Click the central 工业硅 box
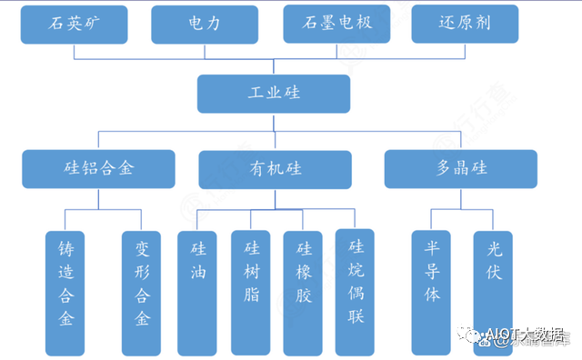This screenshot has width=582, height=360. tap(274, 94)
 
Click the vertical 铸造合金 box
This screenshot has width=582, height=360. tap(66, 292)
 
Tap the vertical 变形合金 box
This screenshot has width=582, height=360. tap(141, 292)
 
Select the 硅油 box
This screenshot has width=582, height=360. tap(198, 292)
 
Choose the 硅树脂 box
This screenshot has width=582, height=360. tap(251, 292)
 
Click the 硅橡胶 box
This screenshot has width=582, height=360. tap(303, 292)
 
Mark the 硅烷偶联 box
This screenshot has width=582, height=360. tap(356, 291)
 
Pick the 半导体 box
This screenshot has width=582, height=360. tap(432, 292)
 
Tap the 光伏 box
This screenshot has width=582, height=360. tap(493, 292)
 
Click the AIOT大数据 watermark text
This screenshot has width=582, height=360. tap(528, 333)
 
